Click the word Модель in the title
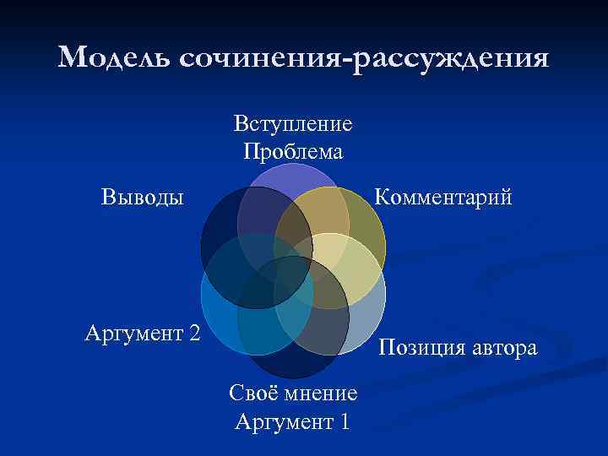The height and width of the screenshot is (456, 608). click(113, 57)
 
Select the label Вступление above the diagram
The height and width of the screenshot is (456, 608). click(293, 124)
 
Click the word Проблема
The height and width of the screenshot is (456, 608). click(293, 151)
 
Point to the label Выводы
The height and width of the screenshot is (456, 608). click(142, 198)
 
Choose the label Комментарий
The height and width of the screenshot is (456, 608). click(443, 198)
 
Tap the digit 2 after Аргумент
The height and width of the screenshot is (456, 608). click(194, 334)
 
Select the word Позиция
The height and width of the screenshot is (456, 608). click(421, 347)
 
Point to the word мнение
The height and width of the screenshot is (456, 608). click(322, 394)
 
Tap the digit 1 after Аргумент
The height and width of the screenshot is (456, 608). click(342, 421)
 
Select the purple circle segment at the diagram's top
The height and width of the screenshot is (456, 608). click(292, 174)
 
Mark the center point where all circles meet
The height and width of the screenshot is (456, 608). click(293, 270)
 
